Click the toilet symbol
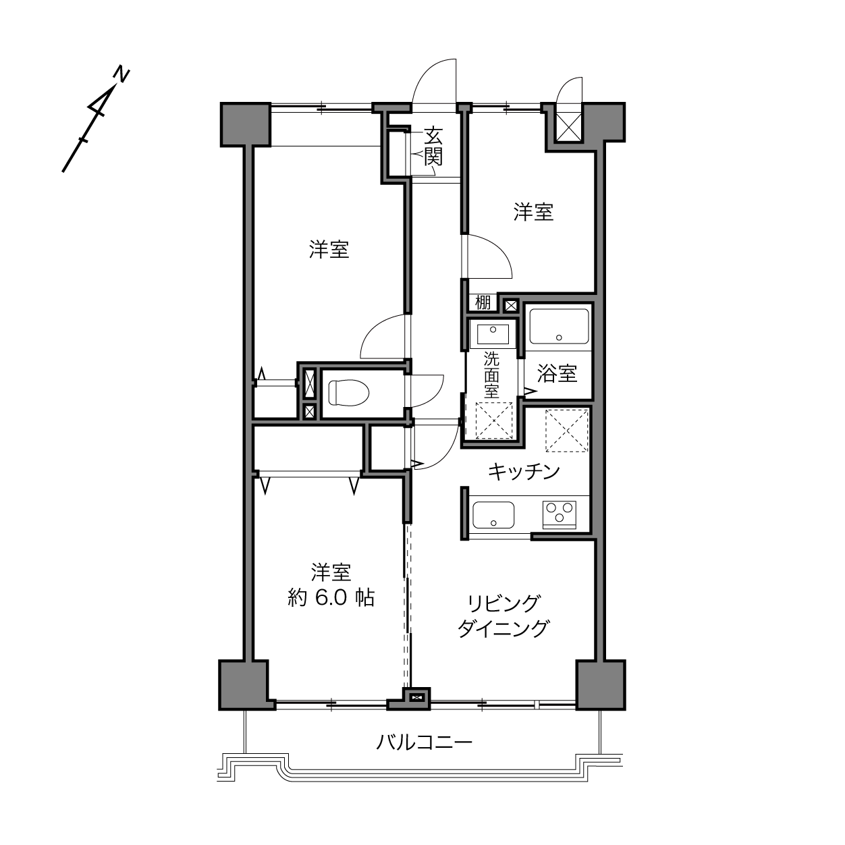click(x=350, y=392)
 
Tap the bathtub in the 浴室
click(x=559, y=327)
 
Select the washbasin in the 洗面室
click(x=493, y=335)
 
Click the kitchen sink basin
click(x=493, y=515)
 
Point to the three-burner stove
click(x=559, y=514)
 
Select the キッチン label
click(x=524, y=472)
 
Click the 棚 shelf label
click(x=483, y=302)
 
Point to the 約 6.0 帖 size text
click(x=331, y=597)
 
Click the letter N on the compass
click(x=121, y=74)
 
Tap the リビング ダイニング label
click(x=503, y=616)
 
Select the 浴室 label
click(x=557, y=374)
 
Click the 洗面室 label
click(x=491, y=375)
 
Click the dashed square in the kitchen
click(x=566, y=430)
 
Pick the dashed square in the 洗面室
click(x=494, y=420)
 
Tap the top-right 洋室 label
click(x=533, y=212)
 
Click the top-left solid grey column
click(x=245, y=125)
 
